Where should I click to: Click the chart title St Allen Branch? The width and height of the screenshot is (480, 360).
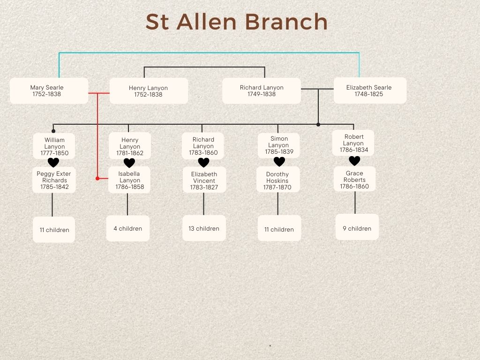(236, 22)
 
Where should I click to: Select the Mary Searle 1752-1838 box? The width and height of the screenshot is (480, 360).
(49, 90)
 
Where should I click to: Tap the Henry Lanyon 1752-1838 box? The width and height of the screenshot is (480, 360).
(149, 91)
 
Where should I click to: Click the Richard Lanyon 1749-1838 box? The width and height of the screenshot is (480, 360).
(262, 90)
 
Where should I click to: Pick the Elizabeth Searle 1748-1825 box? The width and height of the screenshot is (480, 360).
(369, 90)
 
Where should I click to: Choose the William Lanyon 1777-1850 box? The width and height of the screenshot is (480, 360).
(54, 146)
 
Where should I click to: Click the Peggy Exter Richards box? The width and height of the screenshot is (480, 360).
(54, 180)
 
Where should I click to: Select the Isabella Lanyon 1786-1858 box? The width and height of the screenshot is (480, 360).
(129, 180)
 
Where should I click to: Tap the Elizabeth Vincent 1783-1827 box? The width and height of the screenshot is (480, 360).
(204, 180)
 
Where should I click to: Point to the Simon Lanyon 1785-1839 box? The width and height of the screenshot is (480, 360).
(279, 145)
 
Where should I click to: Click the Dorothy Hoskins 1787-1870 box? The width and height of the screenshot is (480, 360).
(278, 180)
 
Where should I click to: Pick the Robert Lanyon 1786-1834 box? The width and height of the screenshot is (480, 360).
(353, 143)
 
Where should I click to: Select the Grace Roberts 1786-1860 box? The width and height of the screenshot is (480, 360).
(355, 180)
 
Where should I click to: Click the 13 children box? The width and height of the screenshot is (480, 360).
(204, 228)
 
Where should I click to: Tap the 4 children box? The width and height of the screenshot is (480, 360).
(127, 228)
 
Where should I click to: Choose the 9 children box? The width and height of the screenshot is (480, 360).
(357, 228)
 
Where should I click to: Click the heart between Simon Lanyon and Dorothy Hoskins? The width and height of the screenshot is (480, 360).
(279, 162)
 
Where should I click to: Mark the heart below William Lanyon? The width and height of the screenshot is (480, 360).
(53, 163)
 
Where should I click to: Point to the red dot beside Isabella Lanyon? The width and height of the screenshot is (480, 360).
(97, 178)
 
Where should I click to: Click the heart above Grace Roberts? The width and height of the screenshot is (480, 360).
(354, 161)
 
